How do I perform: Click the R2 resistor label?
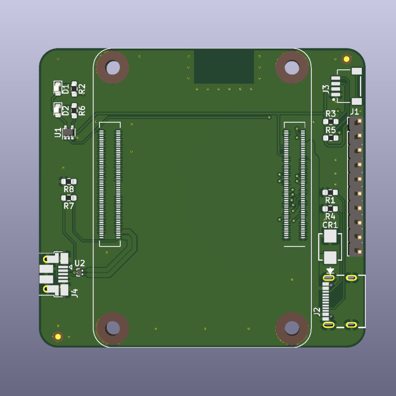(x=82, y=89)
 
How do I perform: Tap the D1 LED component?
(x=57, y=88)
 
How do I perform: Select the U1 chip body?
(x=68, y=132)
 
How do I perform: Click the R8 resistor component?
(x=69, y=181)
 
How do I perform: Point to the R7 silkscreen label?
(x=69, y=206)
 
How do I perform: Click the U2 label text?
(x=80, y=263)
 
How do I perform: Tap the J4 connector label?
(x=75, y=293)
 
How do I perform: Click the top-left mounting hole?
(x=113, y=67)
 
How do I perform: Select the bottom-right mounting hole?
(x=292, y=328)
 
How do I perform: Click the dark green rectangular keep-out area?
(x=224, y=66)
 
